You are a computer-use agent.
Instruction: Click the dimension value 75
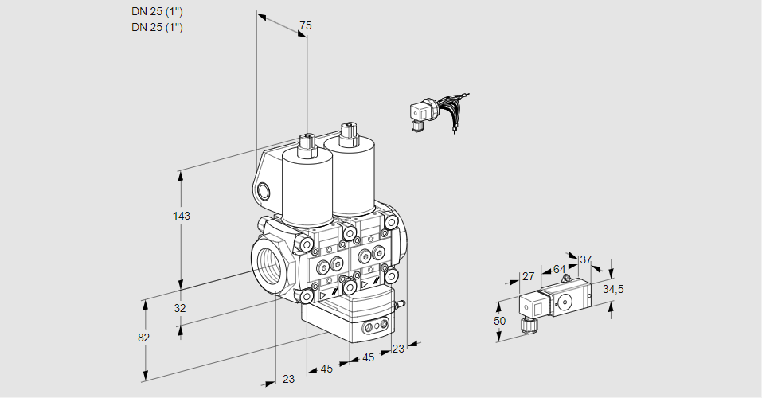305,26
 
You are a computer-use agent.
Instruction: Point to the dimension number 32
179,308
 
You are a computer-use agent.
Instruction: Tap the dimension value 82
143,338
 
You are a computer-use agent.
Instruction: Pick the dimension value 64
560,269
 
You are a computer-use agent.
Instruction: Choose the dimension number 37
586,259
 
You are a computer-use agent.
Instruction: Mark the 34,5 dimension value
613,289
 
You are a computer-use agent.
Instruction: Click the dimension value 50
499,320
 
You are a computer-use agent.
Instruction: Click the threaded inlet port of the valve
268,263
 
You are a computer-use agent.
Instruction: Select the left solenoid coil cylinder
307,187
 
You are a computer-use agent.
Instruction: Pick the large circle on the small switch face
566,302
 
